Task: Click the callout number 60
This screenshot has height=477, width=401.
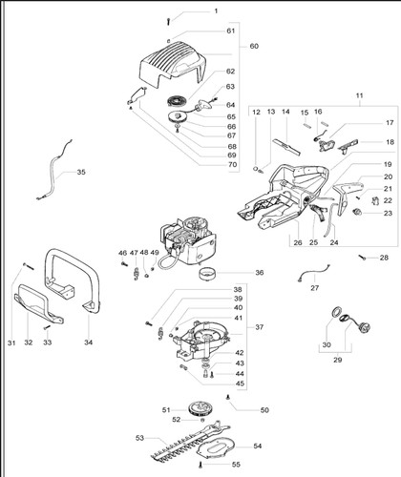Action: click(254, 46)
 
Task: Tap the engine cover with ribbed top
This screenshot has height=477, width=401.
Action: click(173, 64)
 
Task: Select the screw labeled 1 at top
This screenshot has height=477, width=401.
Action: click(168, 21)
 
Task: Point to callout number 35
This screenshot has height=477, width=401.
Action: click(81, 172)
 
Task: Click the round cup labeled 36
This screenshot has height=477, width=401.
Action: click(206, 273)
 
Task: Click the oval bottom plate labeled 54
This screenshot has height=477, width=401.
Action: click(218, 448)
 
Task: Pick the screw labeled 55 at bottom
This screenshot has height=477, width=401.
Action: click(200, 465)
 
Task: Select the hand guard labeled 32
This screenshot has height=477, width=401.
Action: click(38, 304)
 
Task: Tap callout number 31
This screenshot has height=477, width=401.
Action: click(11, 342)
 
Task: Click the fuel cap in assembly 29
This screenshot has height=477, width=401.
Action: click(363, 326)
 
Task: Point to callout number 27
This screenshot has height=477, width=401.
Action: click(314, 288)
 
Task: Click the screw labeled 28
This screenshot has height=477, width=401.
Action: click(362, 258)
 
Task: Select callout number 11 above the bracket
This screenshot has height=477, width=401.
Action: click(359, 95)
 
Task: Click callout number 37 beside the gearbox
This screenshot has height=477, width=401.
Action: click(260, 327)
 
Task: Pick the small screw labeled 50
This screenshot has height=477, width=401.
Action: click(228, 397)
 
